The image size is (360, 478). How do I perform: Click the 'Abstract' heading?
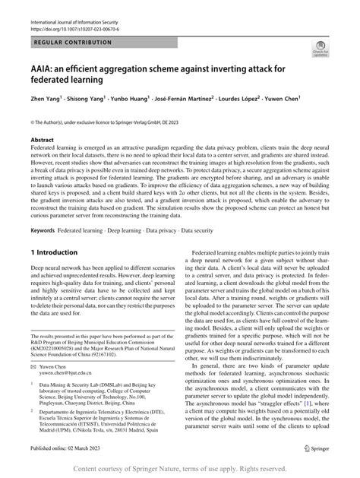point(43,141)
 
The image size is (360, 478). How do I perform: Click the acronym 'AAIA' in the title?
point(47,68)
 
